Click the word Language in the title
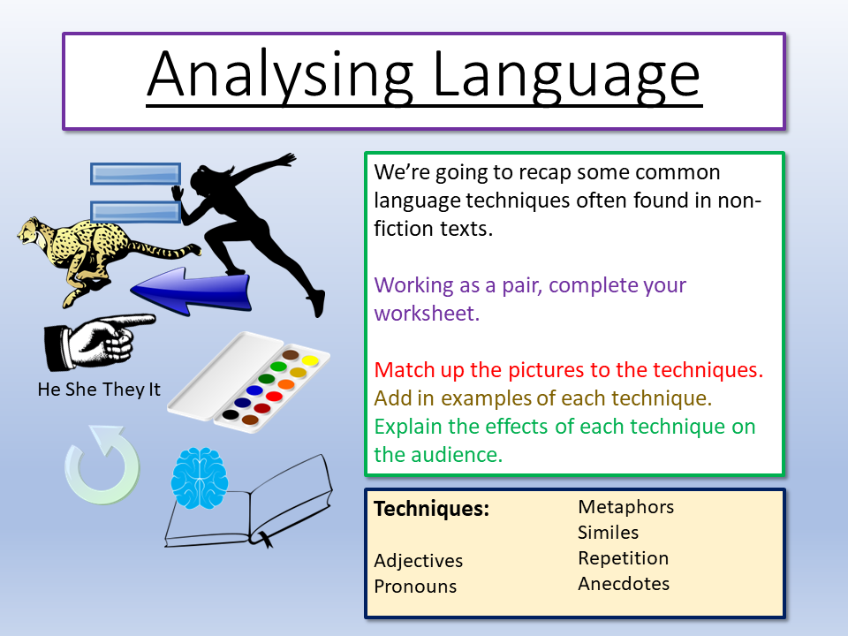[x=566, y=76]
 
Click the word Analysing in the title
[x=280, y=76]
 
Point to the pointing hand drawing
[x=99, y=342]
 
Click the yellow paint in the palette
[x=310, y=360]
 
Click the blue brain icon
[x=200, y=478]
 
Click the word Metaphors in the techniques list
[x=625, y=507]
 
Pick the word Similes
[x=608, y=533]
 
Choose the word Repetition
[x=623, y=558]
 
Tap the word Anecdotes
[x=624, y=584]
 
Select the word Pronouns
[x=415, y=587]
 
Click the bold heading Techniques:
[x=432, y=509]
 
